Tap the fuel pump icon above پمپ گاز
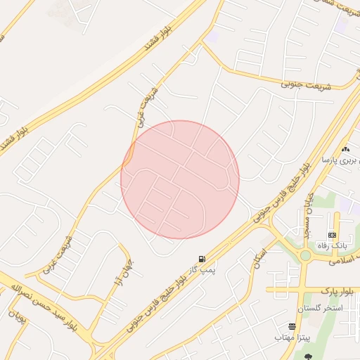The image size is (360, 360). click(x=202, y=259)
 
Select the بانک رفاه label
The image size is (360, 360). click(x=333, y=246)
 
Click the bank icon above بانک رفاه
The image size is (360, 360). click(x=332, y=235)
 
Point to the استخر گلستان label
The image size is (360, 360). click(x=320, y=309)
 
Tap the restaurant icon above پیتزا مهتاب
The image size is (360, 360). click(x=292, y=327)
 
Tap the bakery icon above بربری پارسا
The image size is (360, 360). click(x=345, y=149)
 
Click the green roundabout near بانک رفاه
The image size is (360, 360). click(x=305, y=255)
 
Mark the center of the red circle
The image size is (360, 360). click(x=180, y=179)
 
